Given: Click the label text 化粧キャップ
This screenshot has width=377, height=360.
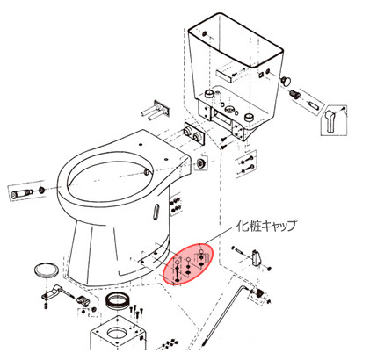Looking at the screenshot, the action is [266, 226].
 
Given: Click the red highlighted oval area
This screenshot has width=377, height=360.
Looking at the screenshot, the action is [188, 263].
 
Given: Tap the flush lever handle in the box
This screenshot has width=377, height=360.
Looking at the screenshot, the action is [330, 120].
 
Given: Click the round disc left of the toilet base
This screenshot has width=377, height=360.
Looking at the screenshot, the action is [47, 269].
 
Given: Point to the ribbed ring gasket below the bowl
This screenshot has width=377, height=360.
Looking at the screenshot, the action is [117, 300].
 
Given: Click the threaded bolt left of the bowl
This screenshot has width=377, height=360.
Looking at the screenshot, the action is [22, 193].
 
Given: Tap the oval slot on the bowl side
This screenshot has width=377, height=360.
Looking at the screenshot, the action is [156, 212].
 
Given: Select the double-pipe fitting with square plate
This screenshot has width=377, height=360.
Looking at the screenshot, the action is [156, 110].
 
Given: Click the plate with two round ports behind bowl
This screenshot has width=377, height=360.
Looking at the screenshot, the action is [194, 134].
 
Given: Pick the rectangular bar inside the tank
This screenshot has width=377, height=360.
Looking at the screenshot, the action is [225, 75].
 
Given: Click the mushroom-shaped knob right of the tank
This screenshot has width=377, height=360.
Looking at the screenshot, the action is [286, 80].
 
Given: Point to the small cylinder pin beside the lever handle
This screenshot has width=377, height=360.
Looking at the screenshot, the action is [314, 104].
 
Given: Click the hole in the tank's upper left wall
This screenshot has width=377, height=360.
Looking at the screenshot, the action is [204, 33].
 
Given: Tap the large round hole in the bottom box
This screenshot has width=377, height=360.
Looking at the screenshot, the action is [117, 333].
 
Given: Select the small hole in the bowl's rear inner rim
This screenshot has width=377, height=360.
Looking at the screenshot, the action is [147, 172].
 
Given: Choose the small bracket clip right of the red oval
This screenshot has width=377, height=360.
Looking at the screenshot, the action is [257, 257].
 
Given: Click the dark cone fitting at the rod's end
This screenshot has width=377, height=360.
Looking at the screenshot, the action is [259, 292].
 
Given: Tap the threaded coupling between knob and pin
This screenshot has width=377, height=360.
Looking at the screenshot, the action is [294, 94].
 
